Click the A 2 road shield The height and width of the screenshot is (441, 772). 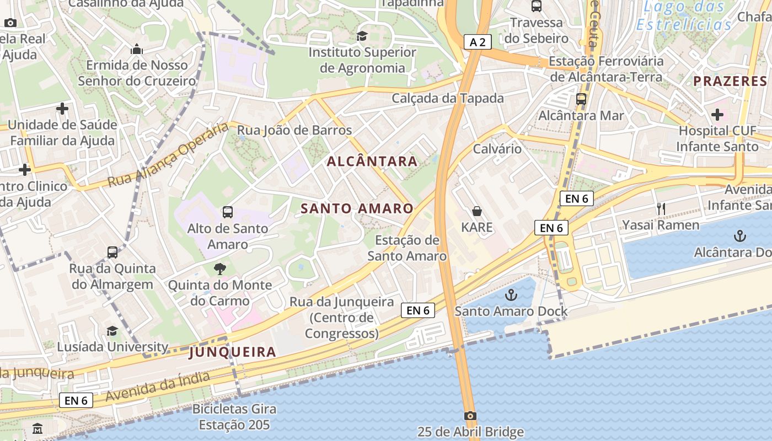coord(478,42)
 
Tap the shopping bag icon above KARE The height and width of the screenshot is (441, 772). coord(477,211)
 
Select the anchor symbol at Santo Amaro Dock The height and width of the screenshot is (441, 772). coord(511,295)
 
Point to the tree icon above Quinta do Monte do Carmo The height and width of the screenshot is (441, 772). coord(220,269)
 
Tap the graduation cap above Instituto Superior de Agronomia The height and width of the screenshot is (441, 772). coord(362,36)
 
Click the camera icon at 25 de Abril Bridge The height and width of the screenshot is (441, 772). coord(470,416)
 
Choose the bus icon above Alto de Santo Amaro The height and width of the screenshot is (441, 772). coord(227,212)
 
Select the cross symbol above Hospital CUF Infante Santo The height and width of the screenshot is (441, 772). coord(717,115)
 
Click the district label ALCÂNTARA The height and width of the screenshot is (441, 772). coord(372,162)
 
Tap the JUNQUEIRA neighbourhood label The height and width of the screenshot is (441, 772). coord(232,352)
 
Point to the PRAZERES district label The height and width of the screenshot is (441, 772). coord(730,81)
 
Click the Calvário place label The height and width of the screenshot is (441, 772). coord(497,149)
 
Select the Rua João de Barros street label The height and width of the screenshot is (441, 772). coord(294,131)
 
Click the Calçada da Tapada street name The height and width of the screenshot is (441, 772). coord(448,98)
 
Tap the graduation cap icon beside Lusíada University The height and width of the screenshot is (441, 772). coord(112,331)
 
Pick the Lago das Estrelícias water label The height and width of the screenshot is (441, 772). coord(684,16)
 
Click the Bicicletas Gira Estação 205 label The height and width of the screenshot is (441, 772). coord(234,417)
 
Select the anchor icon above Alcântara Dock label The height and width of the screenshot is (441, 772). coord(739,236)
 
